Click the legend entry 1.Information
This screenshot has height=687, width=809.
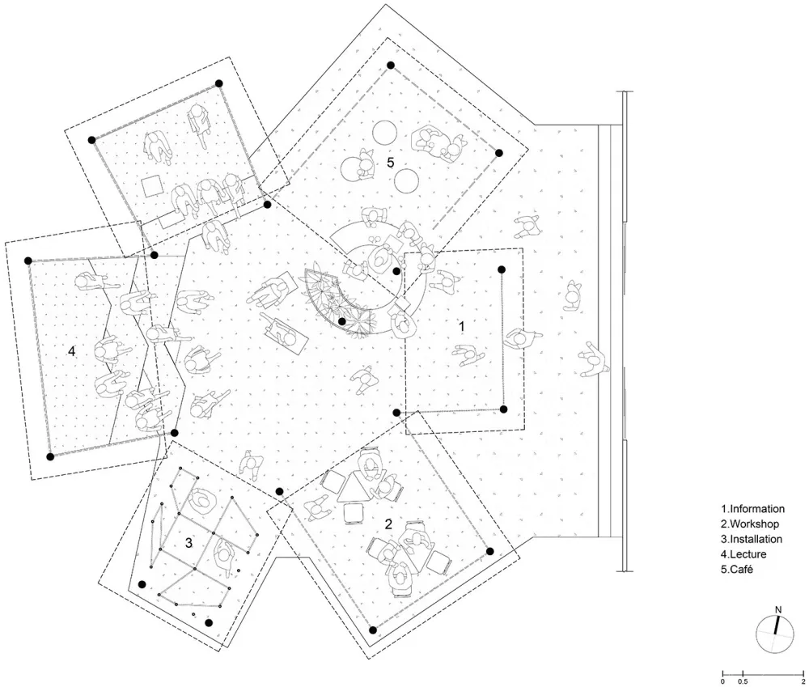tap(752, 509)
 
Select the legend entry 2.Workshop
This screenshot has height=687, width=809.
tap(750, 524)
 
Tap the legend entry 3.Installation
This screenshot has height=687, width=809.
tap(752, 539)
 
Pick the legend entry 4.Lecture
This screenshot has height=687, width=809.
tap(743, 554)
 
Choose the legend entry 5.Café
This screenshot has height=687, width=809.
tap(737, 570)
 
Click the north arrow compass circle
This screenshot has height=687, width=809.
tap(774, 634)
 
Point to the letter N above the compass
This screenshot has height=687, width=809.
tap(778, 609)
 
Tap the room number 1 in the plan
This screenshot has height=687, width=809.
tap(462, 326)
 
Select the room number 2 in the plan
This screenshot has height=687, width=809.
tap(388, 524)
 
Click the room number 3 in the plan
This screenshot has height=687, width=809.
tap(188, 543)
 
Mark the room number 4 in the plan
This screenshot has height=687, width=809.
tap(72, 351)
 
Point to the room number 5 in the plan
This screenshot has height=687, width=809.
tap(391, 163)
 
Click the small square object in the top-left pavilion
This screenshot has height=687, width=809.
tap(152, 186)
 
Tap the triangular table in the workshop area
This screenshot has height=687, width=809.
tap(354, 488)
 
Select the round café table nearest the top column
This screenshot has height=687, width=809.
tap(384, 133)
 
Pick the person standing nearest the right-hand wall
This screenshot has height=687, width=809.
tap(593, 358)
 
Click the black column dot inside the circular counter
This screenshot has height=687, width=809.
tap(396, 271)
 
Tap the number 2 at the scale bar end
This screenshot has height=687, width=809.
tap(803, 682)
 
